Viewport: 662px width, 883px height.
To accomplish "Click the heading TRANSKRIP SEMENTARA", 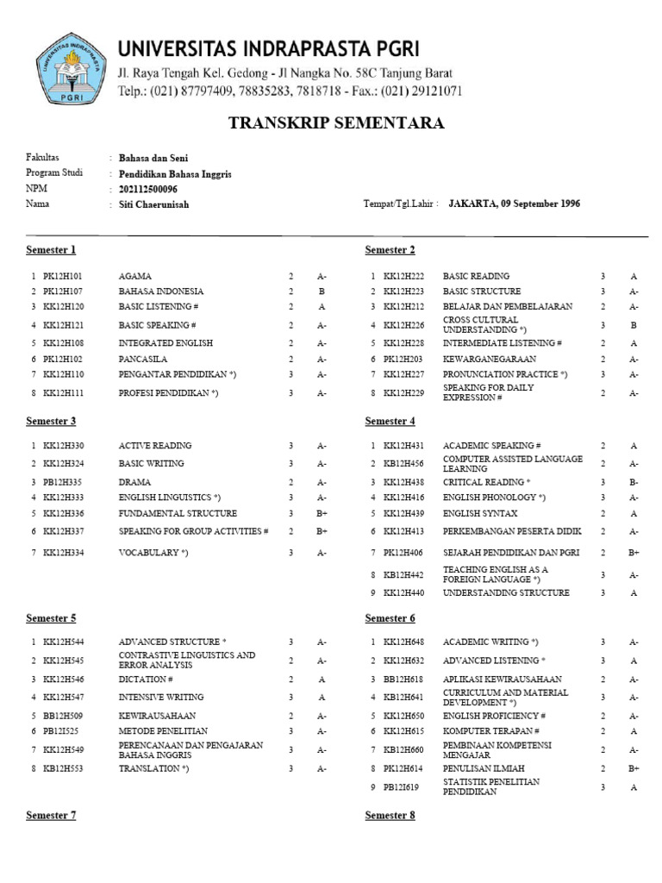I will [x=336, y=123].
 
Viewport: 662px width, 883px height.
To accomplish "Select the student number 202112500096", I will [x=148, y=189].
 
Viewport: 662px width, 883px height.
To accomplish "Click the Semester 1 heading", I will [x=51, y=250].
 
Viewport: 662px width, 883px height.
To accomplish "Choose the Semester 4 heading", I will [x=390, y=421].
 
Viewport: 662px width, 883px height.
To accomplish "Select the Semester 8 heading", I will [x=390, y=815].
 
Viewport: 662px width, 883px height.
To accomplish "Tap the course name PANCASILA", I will [x=142, y=358].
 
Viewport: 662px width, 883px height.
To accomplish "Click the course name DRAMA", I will [x=134, y=482].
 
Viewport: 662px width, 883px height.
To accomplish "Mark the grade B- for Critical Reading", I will [x=634, y=482].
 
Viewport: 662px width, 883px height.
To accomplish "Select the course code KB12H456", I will [x=404, y=463].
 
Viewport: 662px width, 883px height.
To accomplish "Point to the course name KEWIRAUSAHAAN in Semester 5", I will [x=156, y=716].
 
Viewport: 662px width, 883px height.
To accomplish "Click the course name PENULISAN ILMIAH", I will [x=485, y=767].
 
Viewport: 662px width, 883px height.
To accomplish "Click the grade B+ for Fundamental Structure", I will [x=322, y=513].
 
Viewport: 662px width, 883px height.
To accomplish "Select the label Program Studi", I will [x=54, y=173].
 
